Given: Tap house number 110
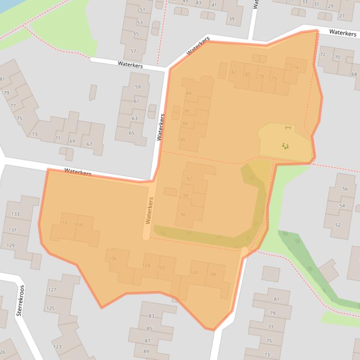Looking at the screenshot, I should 63,223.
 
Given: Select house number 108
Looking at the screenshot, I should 78,225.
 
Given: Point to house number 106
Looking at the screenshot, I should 112,259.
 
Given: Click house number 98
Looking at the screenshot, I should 213,274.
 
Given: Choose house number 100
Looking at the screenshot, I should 194,273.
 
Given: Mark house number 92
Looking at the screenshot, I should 189,179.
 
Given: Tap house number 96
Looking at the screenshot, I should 183,215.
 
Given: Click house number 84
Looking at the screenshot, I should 189,93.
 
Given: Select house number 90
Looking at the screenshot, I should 182,140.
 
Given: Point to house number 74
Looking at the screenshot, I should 295,68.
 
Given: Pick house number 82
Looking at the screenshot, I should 234,72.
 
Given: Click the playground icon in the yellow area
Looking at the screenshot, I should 285,146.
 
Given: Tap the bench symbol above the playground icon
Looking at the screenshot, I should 287,127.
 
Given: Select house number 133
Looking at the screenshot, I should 15,214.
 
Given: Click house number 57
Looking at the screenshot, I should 133,51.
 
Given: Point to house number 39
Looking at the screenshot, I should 231,19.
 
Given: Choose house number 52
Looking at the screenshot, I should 338,225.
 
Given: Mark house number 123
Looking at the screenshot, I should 57,346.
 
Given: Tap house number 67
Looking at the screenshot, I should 89,144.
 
